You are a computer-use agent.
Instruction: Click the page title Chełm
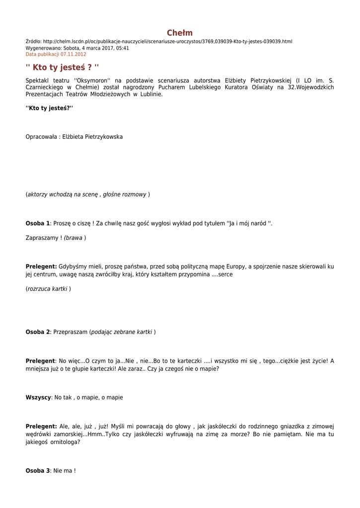(180, 33)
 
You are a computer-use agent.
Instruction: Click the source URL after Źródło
(168, 41)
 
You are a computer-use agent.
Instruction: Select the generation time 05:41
(123, 48)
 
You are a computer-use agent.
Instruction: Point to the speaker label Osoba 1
(38, 224)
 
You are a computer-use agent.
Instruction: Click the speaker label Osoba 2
(38, 332)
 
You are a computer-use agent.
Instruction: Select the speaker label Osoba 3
(38, 470)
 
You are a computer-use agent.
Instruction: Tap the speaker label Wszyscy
(38, 397)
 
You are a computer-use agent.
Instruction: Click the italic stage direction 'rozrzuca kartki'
(48, 289)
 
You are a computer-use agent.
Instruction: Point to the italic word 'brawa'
(74, 238)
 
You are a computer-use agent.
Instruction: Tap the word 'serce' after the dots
(225, 274)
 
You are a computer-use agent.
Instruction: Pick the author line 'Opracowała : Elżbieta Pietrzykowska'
(74, 137)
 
